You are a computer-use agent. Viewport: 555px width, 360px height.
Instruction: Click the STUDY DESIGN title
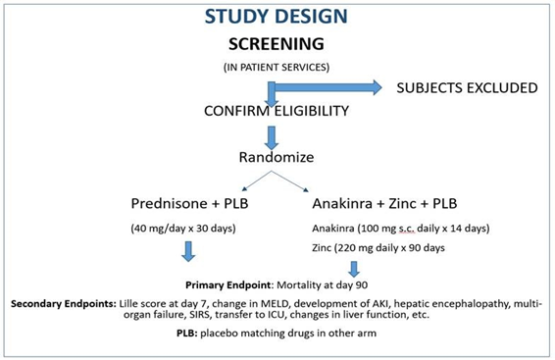click(x=277, y=18)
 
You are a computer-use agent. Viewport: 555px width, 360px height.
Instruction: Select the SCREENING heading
click(x=277, y=45)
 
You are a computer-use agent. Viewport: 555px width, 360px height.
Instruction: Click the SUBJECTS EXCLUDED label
click(x=466, y=88)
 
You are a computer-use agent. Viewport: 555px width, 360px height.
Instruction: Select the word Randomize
click(x=277, y=157)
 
